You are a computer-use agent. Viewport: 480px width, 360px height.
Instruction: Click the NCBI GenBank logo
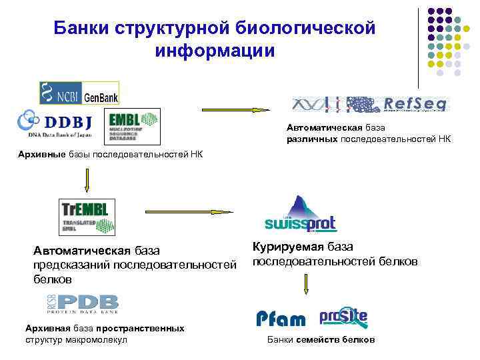point(79,93)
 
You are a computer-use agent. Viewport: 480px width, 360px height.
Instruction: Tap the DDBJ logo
point(55,125)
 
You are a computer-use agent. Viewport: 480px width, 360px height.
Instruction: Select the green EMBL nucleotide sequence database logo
point(134,126)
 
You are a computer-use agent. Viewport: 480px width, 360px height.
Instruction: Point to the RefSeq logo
point(371,103)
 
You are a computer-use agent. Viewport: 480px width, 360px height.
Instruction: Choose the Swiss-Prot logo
point(301,214)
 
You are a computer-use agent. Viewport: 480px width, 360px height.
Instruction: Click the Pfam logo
point(281,319)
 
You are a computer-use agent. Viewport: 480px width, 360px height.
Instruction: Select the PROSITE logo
point(343,317)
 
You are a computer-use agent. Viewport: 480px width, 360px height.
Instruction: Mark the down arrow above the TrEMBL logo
point(87,179)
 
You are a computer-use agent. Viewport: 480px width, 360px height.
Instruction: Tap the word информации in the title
point(215,51)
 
